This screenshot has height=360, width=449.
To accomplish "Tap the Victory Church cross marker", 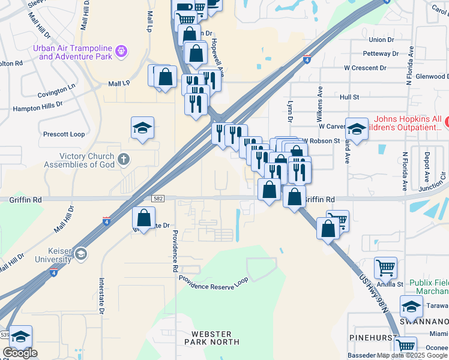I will click(x=124, y=160).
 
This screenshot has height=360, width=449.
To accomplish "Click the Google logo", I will click(x=20, y=353).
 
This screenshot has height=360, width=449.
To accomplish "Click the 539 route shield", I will click(x=5, y=334).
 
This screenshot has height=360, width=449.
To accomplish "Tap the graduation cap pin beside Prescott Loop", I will click(x=143, y=128).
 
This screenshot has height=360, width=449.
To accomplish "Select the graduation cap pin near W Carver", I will click(x=357, y=130).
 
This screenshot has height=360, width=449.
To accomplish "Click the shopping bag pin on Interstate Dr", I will click(x=143, y=218).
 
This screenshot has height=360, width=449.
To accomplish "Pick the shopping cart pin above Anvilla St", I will click(x=385, y=268).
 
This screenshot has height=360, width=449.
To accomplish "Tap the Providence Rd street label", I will click(x=175, y=251).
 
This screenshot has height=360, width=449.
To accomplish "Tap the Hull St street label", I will click(x=349, y=96).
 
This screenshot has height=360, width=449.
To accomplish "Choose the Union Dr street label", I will click(x=382, y=40).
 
